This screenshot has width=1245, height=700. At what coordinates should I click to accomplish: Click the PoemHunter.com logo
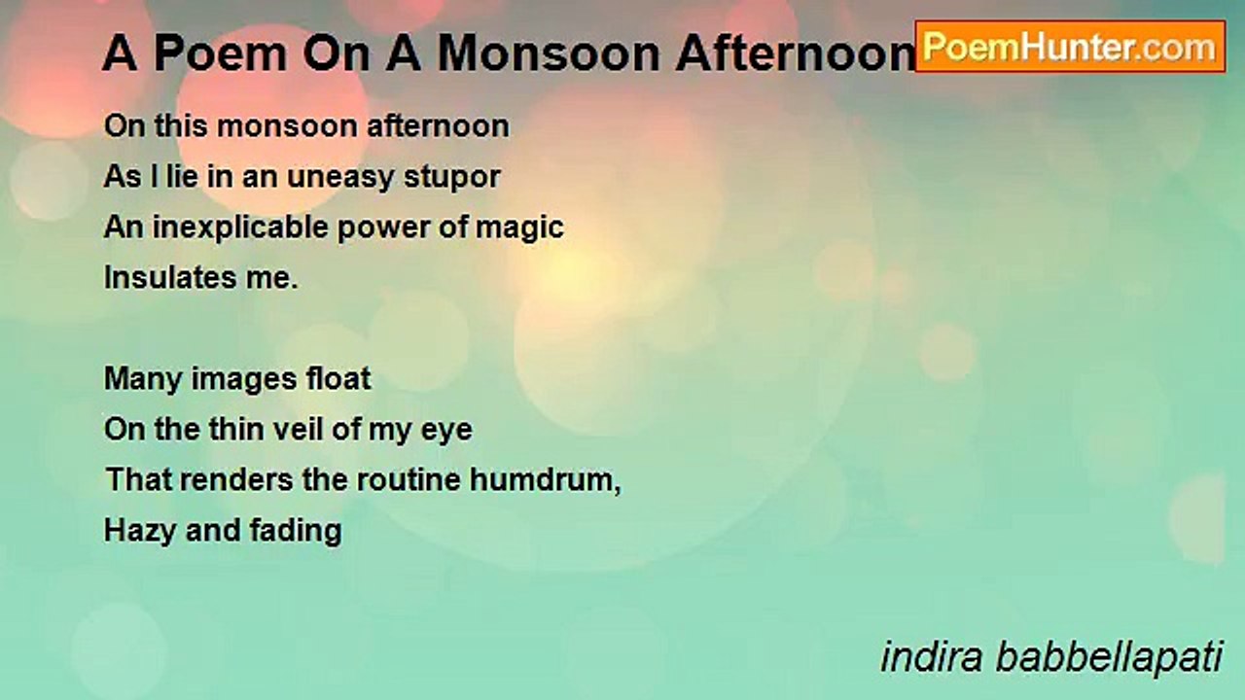[x=1070, y=46]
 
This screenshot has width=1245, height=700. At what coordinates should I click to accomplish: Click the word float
[x=338, y=378]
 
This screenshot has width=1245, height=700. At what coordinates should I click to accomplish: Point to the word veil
[x=292, y=430]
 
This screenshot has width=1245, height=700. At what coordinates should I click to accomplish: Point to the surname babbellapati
[x=1109, y=658]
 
